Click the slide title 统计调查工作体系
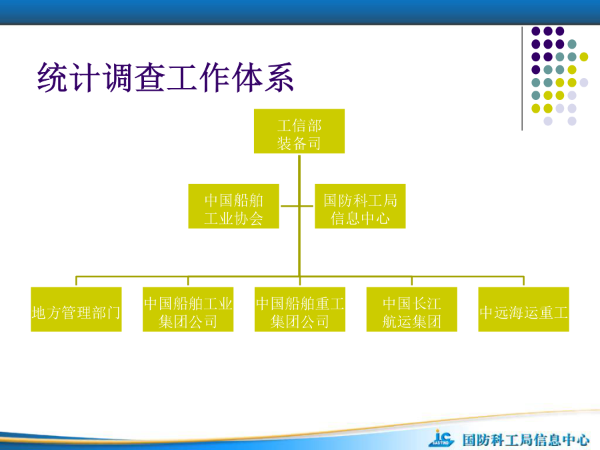click(165, 78)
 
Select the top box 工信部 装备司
click(299, 131)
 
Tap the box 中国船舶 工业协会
click(233, 206)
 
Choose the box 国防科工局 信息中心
click(360, 206)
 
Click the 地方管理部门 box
click(76, 309)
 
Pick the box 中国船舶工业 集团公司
click(188, 309)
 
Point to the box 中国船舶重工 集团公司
click(300, 309)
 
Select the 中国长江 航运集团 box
click(412, 309)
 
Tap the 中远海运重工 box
click(523, 309)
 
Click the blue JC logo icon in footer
click(441, 438)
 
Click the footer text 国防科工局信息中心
click(526, 440)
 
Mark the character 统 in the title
click(53, 78)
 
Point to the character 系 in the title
click(279, 78)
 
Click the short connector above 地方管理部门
click(76, 281)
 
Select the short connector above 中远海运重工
click(523, 281)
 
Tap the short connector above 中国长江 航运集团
click(412, 281)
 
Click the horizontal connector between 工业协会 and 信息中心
click(297, 206)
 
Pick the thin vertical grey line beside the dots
click(522, 79)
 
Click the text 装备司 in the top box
click(299, 143)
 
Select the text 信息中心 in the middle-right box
click(360, 219)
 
